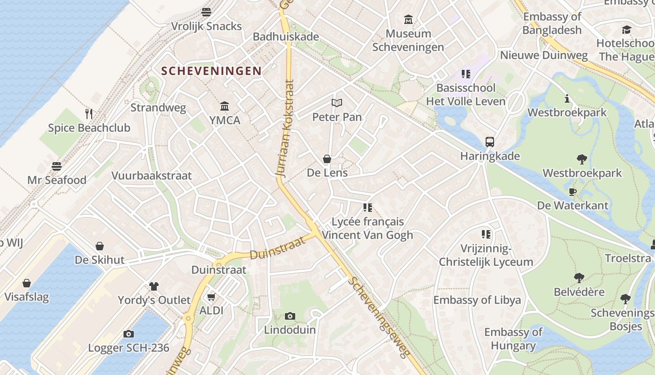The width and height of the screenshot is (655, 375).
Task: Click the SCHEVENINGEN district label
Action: pos(211,71)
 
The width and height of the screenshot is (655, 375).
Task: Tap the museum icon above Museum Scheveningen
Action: pos(408,20)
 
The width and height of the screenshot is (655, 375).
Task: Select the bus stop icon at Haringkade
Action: pos(489,142)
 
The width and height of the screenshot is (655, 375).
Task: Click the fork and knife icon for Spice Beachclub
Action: pos(89,113)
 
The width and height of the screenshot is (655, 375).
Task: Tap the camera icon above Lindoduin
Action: pos(290,316)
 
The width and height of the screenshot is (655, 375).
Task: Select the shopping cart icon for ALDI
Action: pos(211,297)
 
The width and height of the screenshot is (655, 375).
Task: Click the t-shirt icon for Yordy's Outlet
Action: pos(154,286)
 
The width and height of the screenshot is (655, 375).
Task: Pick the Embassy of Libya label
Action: pos(477,300)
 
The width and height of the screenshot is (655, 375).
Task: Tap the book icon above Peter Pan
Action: pos(337,103)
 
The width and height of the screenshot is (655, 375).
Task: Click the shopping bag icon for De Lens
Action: pos(327,159)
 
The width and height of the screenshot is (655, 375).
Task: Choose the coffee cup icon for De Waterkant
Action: pos(572,192)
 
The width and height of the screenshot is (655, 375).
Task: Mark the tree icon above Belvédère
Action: pos(579,278)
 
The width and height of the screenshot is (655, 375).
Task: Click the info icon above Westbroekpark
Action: pos(567,98)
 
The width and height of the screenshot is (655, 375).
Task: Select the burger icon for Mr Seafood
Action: pos(57,166)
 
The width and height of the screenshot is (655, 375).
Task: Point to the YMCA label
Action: pos(225,120)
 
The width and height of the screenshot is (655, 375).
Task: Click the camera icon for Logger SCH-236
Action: pos(129,334)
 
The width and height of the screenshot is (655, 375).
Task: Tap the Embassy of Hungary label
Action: pos(513,339)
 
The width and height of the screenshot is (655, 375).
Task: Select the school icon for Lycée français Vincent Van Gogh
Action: pos(368,207)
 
